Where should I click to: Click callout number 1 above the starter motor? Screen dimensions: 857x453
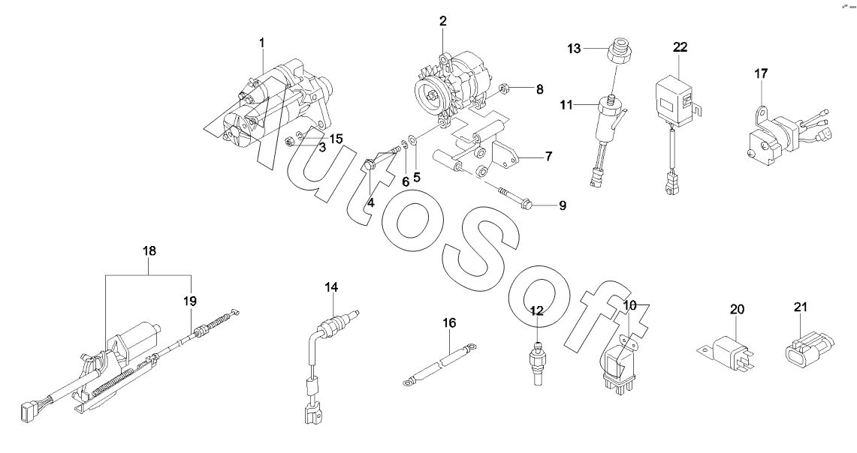tap(261, 42)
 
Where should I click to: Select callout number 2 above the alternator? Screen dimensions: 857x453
tap(442, 21)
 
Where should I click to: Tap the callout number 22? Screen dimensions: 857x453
tap(680, 47)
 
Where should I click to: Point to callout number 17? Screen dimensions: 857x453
tap(762, 73)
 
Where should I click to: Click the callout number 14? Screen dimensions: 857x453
tap(331, 287)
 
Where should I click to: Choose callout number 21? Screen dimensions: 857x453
tap(800, 307)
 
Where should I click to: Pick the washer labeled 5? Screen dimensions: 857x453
tap(414, 140)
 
